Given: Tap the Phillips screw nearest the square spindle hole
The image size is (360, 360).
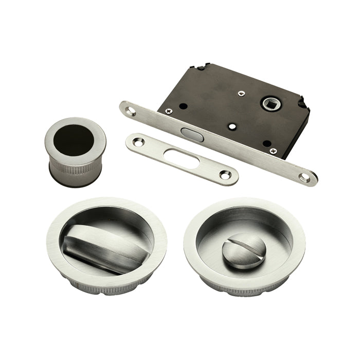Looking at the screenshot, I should point(240,93).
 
